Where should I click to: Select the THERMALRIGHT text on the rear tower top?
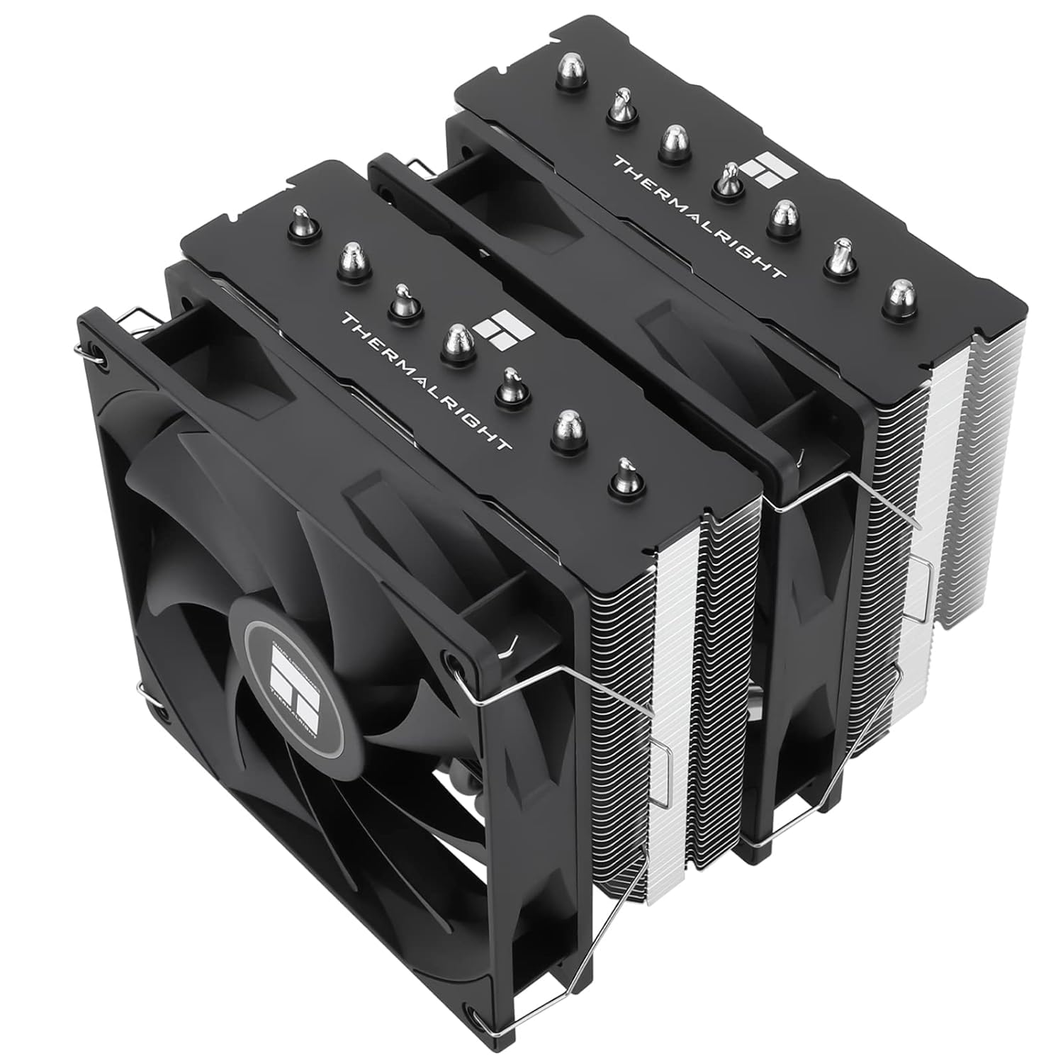click(x=697, y=216)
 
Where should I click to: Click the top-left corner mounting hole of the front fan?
click(x=101, y=354)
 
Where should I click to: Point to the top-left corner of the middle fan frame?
click(x=383, y=170)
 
